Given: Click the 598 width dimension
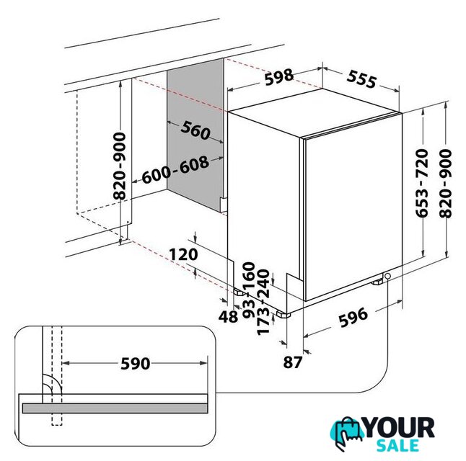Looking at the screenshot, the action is click(x=278, y=77).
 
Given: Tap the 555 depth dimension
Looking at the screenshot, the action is click(x=361, y=79).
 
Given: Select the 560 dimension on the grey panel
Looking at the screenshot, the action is click(x=195, y=130).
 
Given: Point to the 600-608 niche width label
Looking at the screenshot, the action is click(x=175, y=170).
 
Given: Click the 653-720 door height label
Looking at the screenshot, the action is click(x=421, y=184).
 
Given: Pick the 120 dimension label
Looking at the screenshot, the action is click(x=183, y=254).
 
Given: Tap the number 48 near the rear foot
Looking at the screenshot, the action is click(x=228, y=317).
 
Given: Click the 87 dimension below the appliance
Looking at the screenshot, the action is click(x=293, y=362).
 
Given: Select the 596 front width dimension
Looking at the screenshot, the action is click(x=353, y=318).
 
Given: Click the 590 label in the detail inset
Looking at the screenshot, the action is click(x=135, y=363).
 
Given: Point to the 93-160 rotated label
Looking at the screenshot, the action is click(x=249, y=290).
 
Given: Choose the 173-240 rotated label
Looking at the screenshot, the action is click(x=263, y=303).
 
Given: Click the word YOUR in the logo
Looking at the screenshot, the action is click(x=399, y=428).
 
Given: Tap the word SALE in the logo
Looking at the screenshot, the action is click(x=397, y=446).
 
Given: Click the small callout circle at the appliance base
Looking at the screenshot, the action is click(x=387, y=277).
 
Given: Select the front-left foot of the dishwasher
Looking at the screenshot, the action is click(x=283, y=314).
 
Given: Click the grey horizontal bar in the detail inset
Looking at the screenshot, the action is click(x=115, y=408).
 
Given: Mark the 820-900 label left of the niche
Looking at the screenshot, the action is click(x=120, y=166).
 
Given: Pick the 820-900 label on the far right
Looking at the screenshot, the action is click(x=445, y=184).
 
